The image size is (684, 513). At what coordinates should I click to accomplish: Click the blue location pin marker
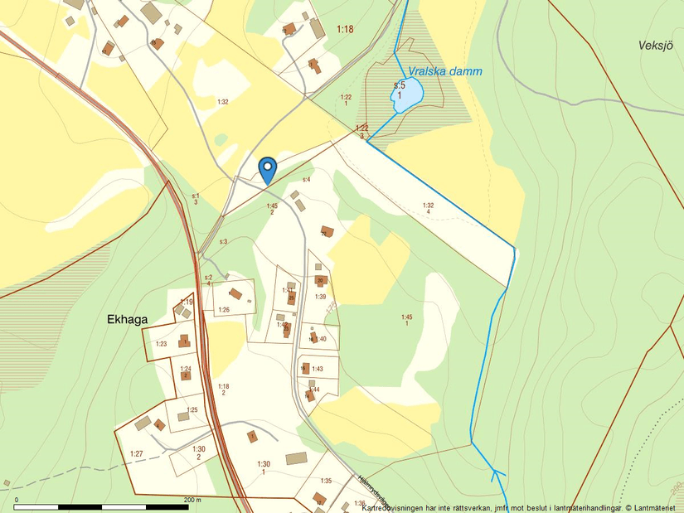(x=267, y=169)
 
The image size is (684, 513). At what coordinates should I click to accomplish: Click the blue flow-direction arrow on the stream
(x=497, y=475)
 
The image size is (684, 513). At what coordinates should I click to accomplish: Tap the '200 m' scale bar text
(x=192, y=500)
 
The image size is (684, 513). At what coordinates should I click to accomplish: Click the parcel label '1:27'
(x=137, y=453)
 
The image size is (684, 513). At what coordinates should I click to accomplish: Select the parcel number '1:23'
(x=161, y=343)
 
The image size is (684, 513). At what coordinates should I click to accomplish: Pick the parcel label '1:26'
(x=223, y=310)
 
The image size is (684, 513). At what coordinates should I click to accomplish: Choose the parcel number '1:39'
(x=320, y=297)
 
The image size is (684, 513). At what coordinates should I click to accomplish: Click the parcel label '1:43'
(x=317, y=369)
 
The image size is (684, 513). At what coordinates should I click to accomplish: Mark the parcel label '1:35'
(x=326, y=481)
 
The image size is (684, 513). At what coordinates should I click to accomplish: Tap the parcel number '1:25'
(x=192, y=410)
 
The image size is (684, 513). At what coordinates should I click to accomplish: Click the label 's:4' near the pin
(x=306, y=179)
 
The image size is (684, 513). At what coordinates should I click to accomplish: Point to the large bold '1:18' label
(x=345, y=30)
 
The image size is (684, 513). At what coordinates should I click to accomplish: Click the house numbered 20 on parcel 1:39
(x=321, y=281)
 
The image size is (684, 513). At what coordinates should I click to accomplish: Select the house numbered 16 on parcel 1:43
(x=304, y=368)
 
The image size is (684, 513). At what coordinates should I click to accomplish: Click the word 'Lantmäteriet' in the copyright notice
(x=659, y=507)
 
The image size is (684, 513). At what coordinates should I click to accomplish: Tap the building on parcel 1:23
(x=184, y=341)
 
